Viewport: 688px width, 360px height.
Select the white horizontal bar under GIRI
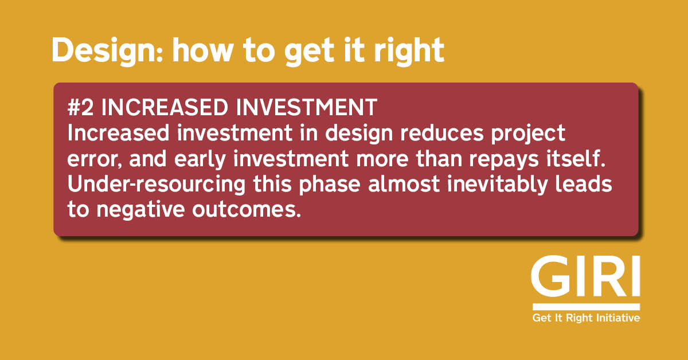[x=586, y=306]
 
